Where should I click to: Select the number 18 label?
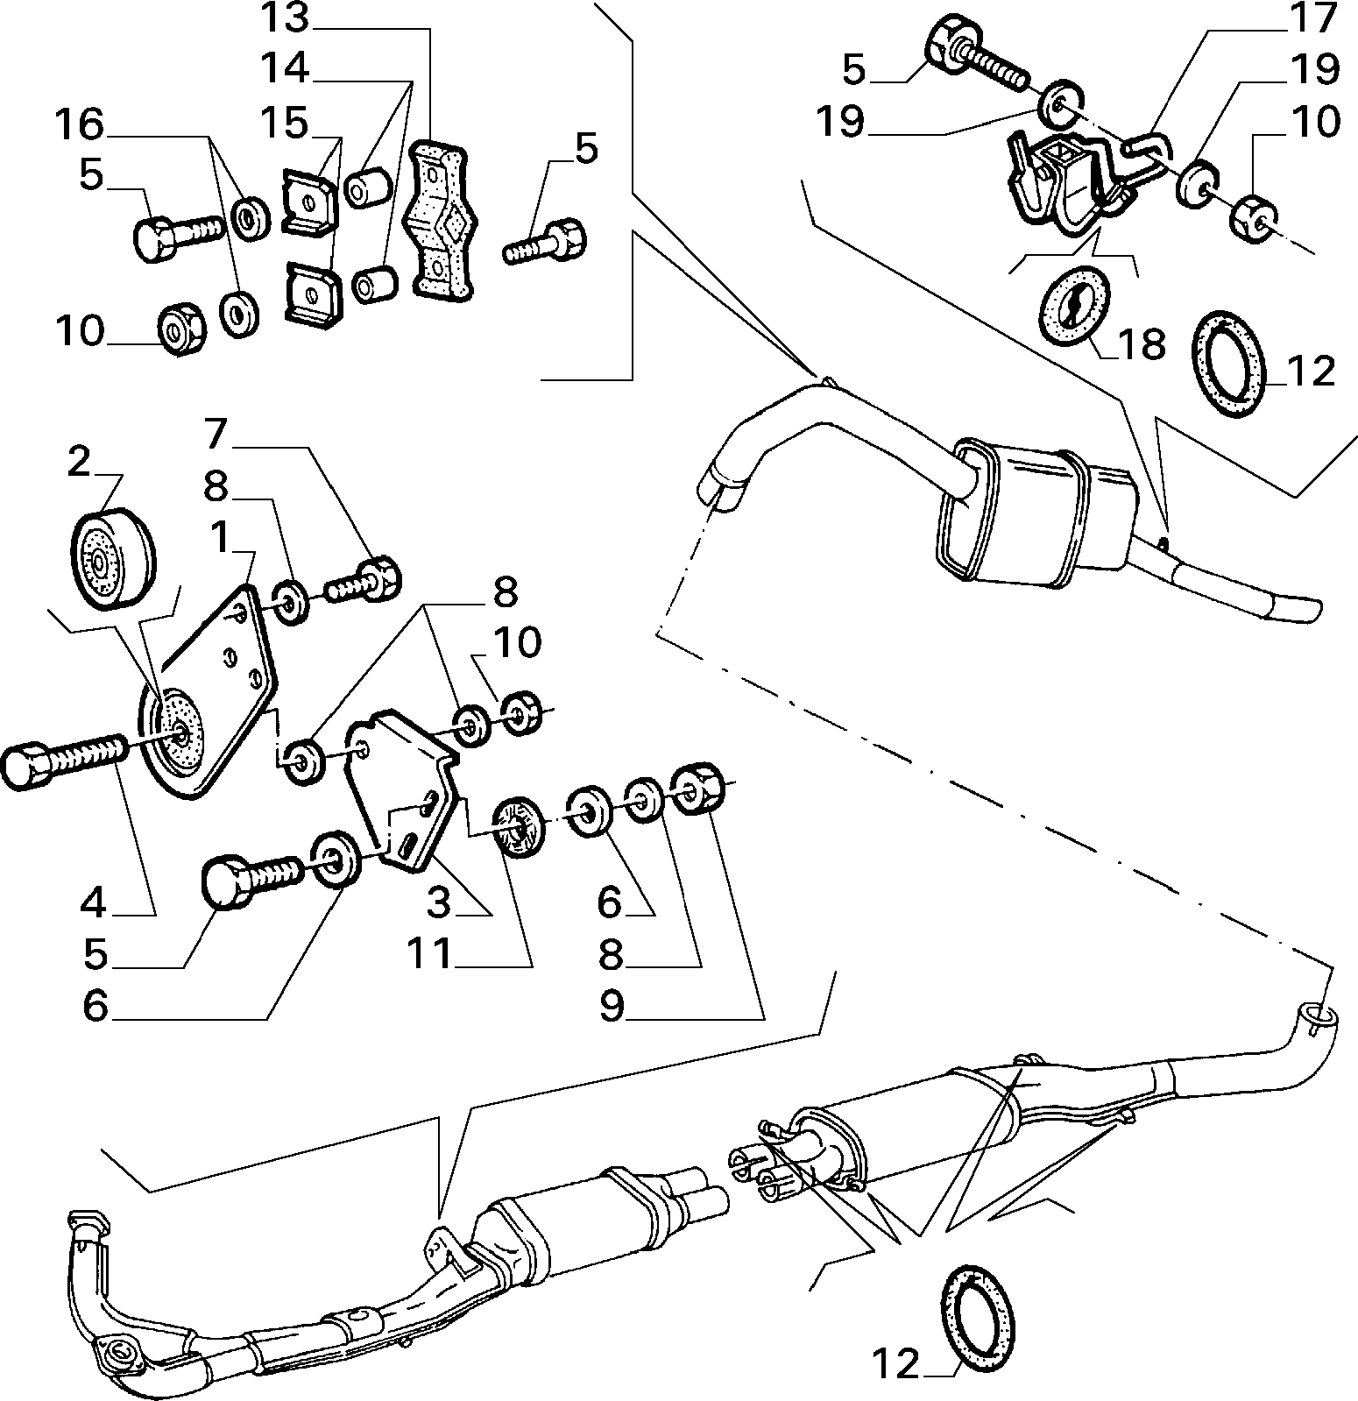(1140, 344)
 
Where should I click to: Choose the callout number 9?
(612, 1007)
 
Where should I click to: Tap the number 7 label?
(216, 433)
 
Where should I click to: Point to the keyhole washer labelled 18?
(1074, 305)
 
